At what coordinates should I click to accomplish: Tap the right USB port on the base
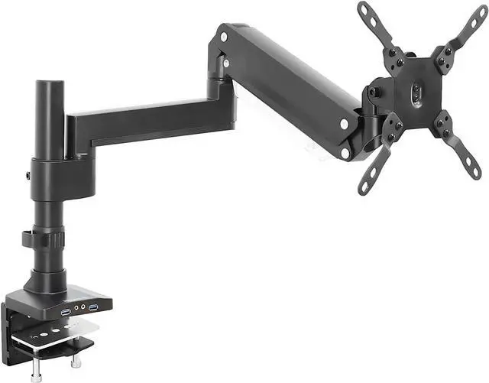tap(93, 307)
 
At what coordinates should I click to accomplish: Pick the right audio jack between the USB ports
tap(83, 310)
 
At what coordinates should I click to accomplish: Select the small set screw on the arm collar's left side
tap(28, 177)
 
